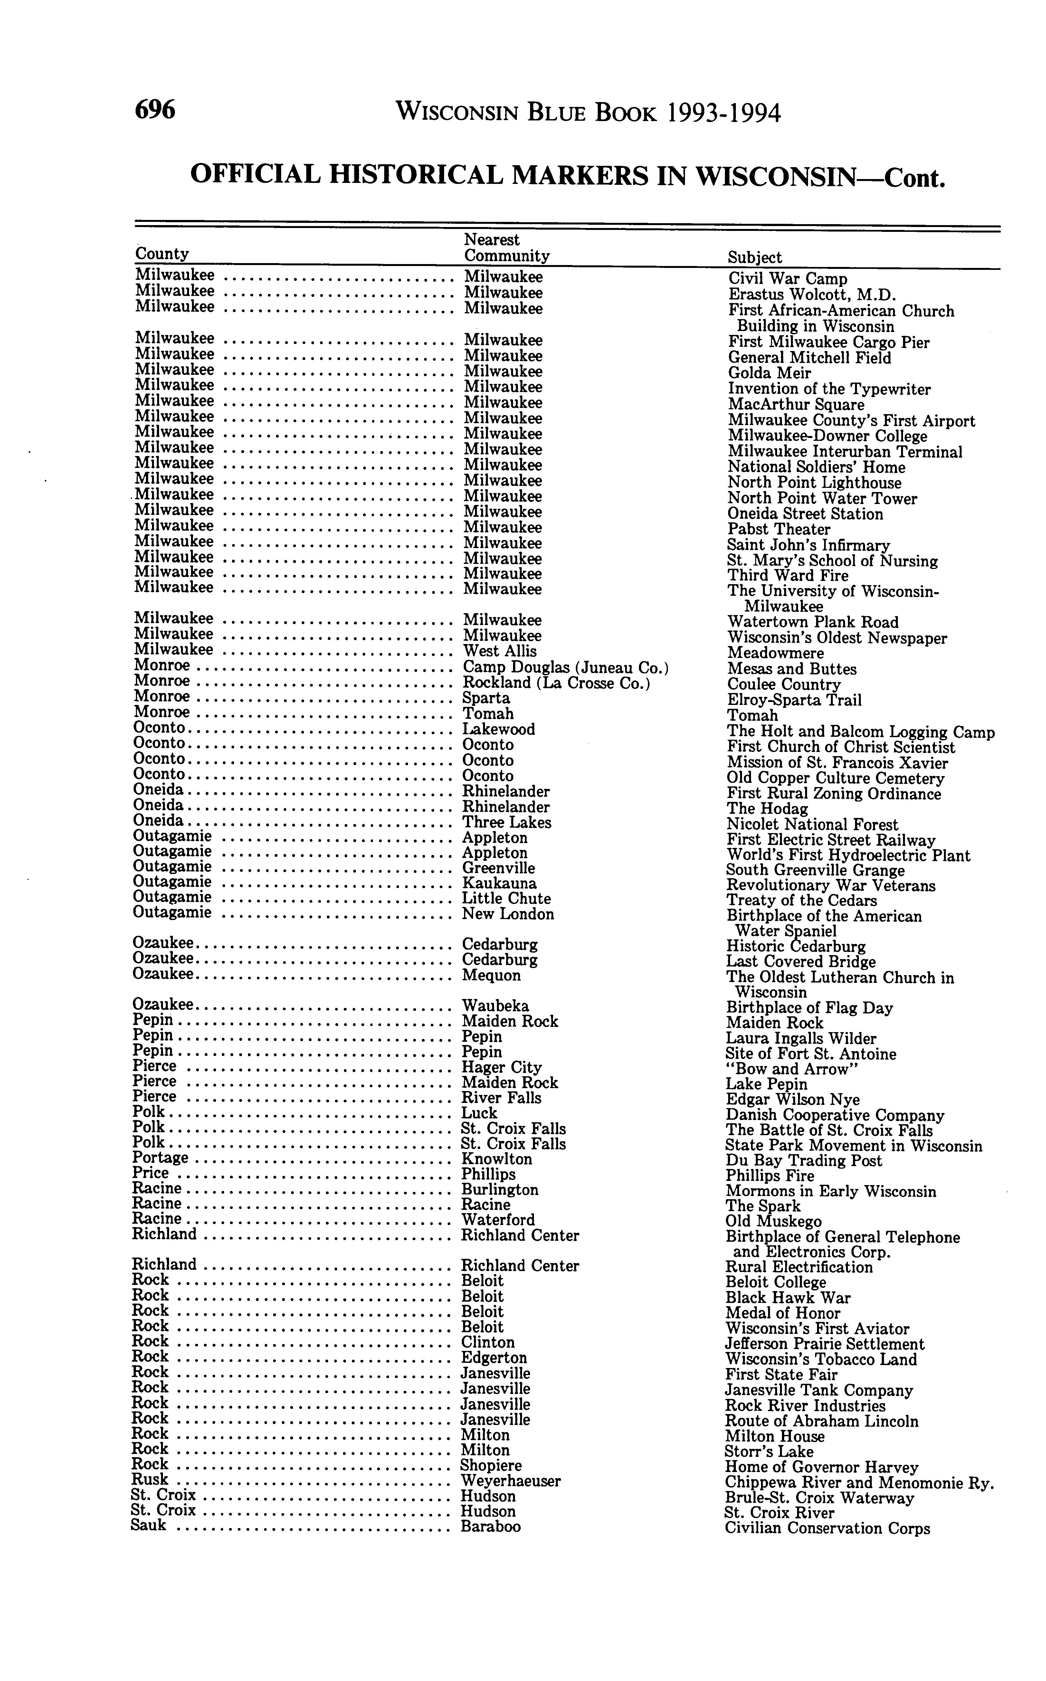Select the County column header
point(162,254)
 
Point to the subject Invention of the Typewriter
point(829,389)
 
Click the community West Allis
point(499,651)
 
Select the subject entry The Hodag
point(766,809)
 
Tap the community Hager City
point(501,1068)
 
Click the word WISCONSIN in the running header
point(455,112)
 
